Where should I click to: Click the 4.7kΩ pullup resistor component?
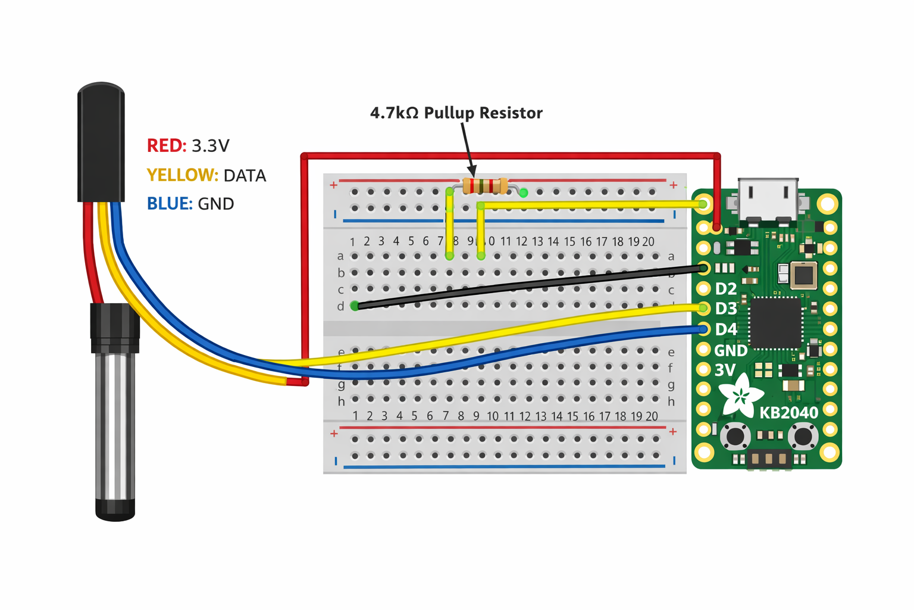485,186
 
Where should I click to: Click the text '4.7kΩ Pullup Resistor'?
456,113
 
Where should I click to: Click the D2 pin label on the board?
726,289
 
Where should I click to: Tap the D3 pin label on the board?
726,309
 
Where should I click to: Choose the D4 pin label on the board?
726,329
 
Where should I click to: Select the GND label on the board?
731,350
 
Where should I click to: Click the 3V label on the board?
725,370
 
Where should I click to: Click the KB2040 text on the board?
789,412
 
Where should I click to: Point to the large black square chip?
775,323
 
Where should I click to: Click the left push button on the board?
735,436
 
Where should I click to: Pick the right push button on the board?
804,436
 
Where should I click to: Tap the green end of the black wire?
355,306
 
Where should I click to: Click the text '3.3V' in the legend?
210,146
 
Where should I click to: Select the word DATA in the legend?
245,175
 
